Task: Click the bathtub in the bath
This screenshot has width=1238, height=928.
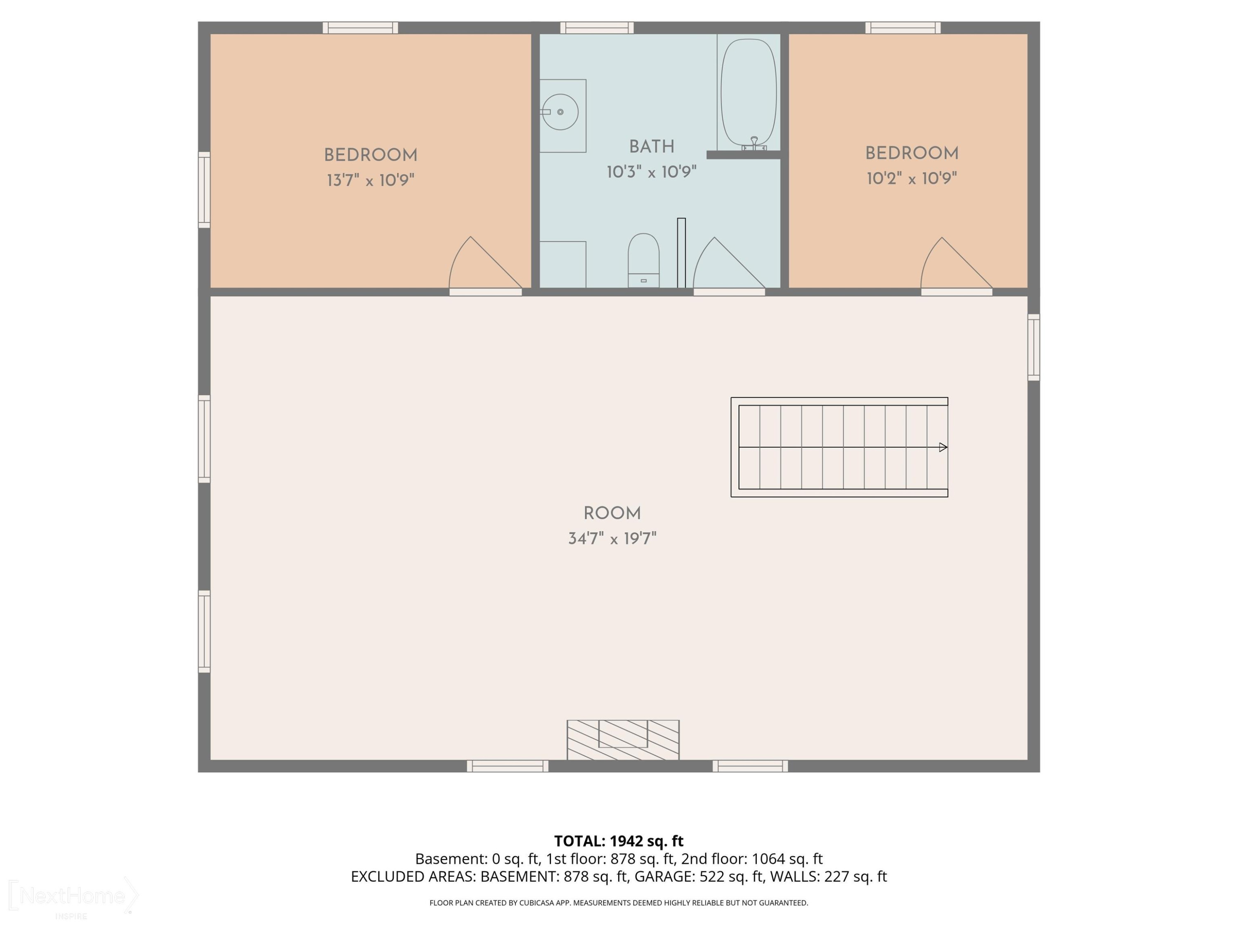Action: [748, 92]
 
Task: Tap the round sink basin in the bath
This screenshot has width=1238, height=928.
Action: [560, 112]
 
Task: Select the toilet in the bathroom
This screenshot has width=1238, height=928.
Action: [644, 260]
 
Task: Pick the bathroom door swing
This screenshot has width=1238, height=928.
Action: [729, 264]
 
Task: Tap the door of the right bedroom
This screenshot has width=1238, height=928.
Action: [957, 264]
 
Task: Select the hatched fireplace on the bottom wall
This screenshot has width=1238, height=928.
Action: [623, 740]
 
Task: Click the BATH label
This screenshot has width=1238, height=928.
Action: [652, 146]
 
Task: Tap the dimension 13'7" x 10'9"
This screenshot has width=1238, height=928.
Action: [371, 180]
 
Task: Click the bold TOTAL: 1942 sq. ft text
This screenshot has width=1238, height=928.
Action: [619, 841]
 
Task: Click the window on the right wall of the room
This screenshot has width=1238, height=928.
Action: [1034, 347]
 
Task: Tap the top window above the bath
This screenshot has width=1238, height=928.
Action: [597, 27]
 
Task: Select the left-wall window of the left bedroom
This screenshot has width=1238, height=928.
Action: [204, 190]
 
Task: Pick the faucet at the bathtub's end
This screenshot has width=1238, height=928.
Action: [754, 144]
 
